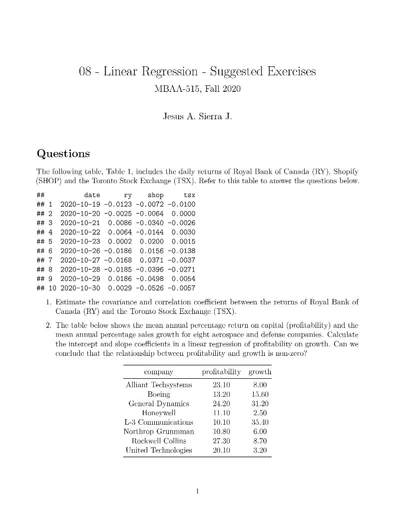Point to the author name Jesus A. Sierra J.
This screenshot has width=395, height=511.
click(x=197, y=117)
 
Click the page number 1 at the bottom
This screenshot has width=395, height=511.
click(x=198, y=491)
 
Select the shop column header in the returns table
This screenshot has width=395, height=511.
click(x=155, y=195)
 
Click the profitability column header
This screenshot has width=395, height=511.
click(x=221, y=372)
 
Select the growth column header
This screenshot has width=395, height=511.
click(x=260, y=372)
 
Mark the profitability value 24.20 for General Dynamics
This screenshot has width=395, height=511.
click(x=221, y=404)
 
